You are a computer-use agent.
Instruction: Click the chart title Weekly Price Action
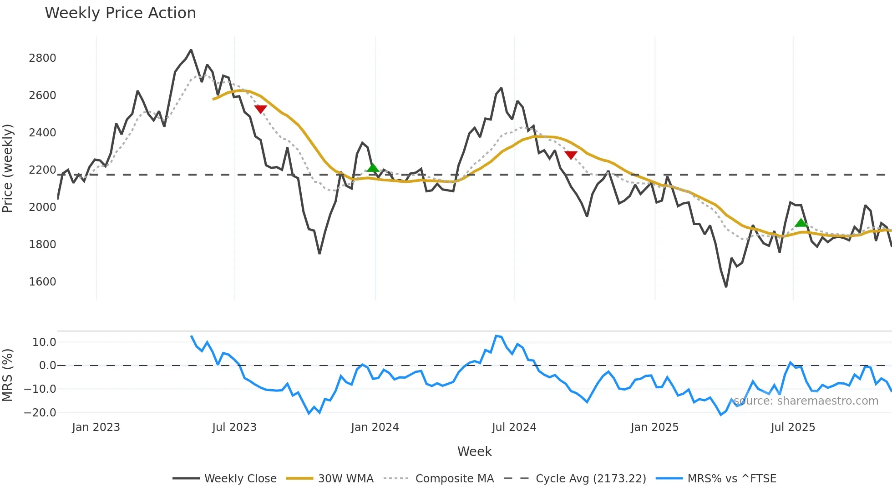click(x=120, y=13)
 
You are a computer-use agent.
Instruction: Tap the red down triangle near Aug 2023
click(x=260, y=109)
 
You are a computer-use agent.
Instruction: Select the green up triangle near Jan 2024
click(x=373, y=168)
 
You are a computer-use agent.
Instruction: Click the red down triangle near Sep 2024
click(x=571, y=155)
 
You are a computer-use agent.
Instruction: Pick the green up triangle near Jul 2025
click(x=801, y=223)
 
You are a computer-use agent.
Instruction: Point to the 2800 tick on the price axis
click(x=42, y=58)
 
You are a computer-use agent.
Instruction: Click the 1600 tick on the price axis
click(x=42, y=282)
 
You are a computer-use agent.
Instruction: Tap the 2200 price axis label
click(x=42, y=170)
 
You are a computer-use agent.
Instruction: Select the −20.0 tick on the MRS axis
click(x=40, y=413)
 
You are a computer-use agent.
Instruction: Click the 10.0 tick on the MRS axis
click(x=44, y=342)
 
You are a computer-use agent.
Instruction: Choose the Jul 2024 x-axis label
click(x=514, y=427)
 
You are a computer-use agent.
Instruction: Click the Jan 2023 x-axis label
click(x=96, y=427)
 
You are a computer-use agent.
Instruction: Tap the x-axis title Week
click(x=474, y=451)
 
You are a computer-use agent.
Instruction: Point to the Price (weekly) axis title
click(x=8, y=168)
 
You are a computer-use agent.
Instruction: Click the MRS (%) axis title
click(x=8, y=375)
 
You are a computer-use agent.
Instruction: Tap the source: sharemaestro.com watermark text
click(x=806, y=401)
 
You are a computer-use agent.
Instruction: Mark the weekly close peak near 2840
click(x=191, y=50)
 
